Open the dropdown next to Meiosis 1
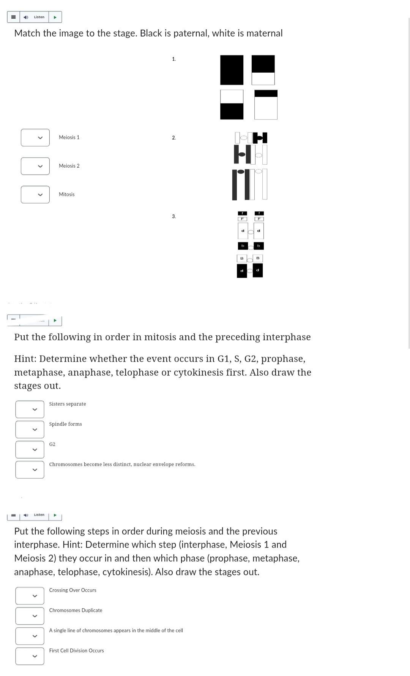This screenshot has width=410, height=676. click(35, 138)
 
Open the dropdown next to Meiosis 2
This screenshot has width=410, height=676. click(35, 166)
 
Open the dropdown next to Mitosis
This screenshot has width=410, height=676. click(35, 195)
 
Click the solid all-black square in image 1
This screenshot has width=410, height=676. click(232, 70)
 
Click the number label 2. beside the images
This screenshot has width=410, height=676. click(174, 138)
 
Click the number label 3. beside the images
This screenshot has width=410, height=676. click(174, 216)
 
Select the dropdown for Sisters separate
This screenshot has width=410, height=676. click(30, 409)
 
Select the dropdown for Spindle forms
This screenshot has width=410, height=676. click(30, 430)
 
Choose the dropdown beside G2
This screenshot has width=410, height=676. click(30, 450)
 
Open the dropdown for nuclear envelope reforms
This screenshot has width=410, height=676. click(30, 470)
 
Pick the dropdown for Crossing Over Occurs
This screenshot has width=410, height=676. click(30, 596)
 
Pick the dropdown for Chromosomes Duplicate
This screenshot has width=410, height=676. click(30, 616)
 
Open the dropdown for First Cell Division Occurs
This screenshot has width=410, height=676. click(30, 656)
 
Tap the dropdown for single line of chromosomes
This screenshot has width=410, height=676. click(30, 636)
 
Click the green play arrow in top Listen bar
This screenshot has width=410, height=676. click(55, 17)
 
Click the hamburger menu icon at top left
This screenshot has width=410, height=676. click(13, 17)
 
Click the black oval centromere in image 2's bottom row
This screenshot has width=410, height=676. click(241, 172)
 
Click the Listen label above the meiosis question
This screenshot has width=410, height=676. click(39, 515)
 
